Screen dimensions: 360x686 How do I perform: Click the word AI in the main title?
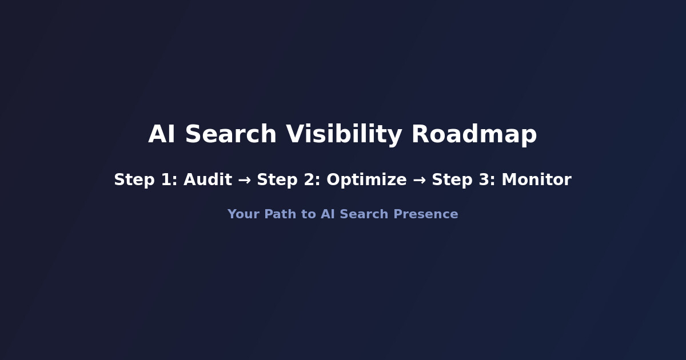(x=161, y=135)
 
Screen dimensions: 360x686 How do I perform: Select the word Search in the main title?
(x=230, y=135)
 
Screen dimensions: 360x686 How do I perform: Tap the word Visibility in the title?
(x=344, y=135)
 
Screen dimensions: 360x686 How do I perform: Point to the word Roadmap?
(x=474, y=135)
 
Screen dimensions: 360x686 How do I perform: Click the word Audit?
(x=208, y=180)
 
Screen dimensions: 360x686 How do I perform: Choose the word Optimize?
(x=366, y=180)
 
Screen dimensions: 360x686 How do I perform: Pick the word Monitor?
(x=536, y=180)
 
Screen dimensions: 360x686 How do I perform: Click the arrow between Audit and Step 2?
(x=244, y=180)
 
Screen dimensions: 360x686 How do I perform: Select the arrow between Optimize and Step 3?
(x=419, y=180)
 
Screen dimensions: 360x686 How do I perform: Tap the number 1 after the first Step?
(x=170, y=180)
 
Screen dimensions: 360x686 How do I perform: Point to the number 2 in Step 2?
(x=313, y=180)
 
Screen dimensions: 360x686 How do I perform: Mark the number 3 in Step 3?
(x=488, y=180)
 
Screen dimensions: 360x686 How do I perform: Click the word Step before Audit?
(x=134, y=180)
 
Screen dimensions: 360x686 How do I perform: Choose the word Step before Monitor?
(x=452, y=180)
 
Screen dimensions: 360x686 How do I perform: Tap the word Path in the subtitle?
(x=278, y=214)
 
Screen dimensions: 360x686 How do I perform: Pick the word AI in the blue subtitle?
(x=328, y=214)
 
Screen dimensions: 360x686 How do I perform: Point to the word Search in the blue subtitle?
(x=364, y=214)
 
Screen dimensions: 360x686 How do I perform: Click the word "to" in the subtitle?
(x=308, y=214)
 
